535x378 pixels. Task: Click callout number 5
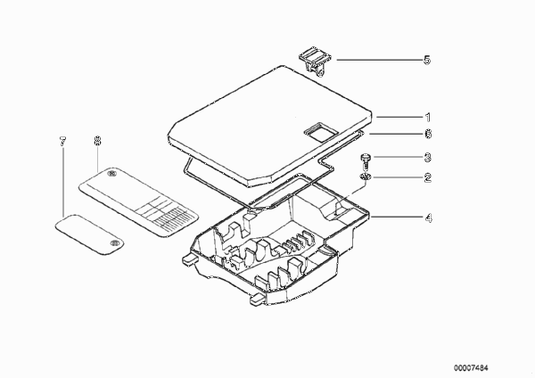tap(427, 60)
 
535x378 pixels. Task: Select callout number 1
tap(428, 118)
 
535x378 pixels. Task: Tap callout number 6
tap(428, 134)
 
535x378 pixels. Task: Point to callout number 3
tap(428, 157)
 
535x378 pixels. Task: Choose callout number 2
tap(428, 177)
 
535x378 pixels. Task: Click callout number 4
tap(428, 218)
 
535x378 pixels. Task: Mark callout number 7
tap(62, 141)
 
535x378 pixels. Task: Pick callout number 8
tap(97, 141)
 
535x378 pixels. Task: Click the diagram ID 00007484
tap(471, 368)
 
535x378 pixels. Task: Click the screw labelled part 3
tap(365, 161)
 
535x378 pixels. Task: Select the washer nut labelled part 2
tap(366, 177)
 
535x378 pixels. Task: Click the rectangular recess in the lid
tap(320, 131)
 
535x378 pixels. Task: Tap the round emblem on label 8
tap(111, 174)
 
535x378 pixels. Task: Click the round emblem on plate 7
tap(114, 243)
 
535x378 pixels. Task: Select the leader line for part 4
tap(397, 217)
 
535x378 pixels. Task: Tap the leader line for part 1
tap(399, 117)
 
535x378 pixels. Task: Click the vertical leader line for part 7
tap(63, 182)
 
